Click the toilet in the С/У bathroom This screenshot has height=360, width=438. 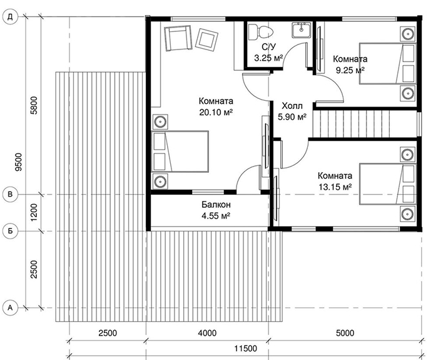pyautogui.click(x=260, y=31)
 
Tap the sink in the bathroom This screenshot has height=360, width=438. pyautogui.click(x=301, y=30)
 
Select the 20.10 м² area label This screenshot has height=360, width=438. pyautogui.click(x=216, y=112)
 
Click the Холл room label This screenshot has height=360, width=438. pyautogui.click(x=292, y=106)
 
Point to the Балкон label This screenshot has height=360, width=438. pyautogui.click(x=216, y=205)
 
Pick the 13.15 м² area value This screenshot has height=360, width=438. pyautogui.click(x=335, y=187)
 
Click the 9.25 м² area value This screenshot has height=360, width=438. pyautogui.click(x=350, y=70)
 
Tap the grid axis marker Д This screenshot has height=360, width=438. pyautogui.click(x=10, y=17)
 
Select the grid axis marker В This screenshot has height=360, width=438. pyautogui.click(x=10, y=194)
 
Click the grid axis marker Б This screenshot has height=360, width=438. pyautogui.click(x=10, y=231)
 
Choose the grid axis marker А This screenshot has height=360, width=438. pyautogui.click(x=10, y=308)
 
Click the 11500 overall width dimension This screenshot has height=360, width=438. pyautogui.click(x=245, y=349)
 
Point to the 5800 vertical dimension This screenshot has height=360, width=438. pyautogui.click(x=34, y=105)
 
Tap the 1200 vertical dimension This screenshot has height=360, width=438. pyautogui.click(x=34, y=212)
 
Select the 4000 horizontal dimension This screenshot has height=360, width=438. pyautogui.click(x=207, y=333)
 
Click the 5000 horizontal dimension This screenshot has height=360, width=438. pyautogui.click(x=345, y=333)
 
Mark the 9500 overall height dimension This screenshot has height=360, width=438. pyautogui.click(x=18, y=162)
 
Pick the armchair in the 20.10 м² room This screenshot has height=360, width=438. pyautogui.click(x=178, y=38)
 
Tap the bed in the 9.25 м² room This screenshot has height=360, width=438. pyautogui.click(x=388, y=64)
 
